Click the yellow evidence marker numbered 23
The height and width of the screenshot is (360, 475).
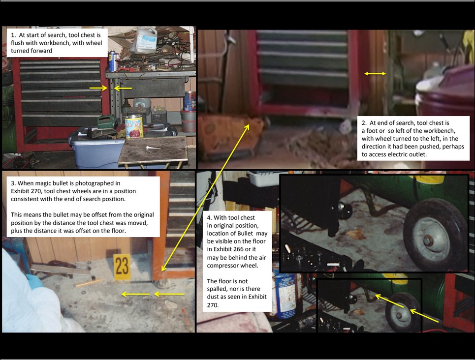coord(122,267)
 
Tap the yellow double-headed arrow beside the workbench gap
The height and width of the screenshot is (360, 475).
coord(375,74)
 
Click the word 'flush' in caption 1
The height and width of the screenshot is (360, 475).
coord(17,43)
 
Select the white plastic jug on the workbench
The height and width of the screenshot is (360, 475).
coord(144,40)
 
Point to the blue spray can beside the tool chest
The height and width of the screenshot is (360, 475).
coord(112,61)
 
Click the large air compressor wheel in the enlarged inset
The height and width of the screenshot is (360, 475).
coord(434,235)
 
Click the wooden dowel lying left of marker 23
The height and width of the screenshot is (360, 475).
coord(88,283)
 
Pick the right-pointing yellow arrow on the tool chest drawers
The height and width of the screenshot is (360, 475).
coord(98,88)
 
